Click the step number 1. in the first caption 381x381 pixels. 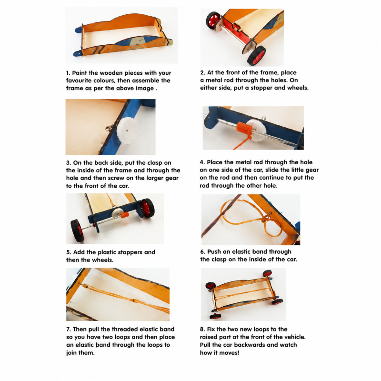(68, 73)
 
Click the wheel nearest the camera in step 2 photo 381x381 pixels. (257, 55)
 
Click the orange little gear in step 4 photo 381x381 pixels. (243, 128)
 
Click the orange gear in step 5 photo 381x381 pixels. (124, 215)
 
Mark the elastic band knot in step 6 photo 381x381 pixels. (266, 218)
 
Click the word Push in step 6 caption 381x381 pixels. (214, 252)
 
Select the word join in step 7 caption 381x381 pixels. (72, 353)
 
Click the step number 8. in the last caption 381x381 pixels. (202, 330)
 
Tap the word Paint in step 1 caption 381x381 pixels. (79, 73)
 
